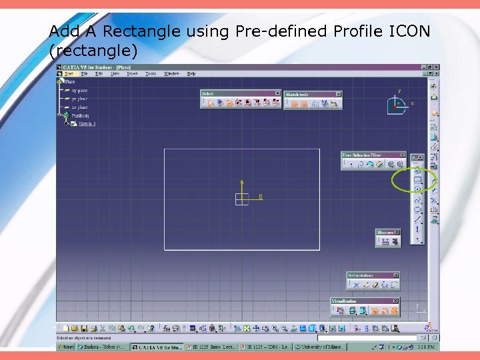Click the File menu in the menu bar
(x=84, y=73)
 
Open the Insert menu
(x=133, y=73)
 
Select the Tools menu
(x=151, y=73)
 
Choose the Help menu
(x=191, y=73)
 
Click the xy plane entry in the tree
(x=80, y=90)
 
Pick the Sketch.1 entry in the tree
(x=87, y=123)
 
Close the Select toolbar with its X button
(x=279, y=93)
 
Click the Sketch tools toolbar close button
(x=338, y=94)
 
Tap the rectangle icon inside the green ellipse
(x=418, y=180)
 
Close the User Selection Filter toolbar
(x=404, y=155)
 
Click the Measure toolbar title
(x=385, y=233)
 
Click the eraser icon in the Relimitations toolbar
(x=375, y=285)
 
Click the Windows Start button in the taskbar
(x=65, y=347)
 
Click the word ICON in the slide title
(x=407, y=31)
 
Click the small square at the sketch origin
(x=241, y=198)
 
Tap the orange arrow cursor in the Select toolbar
(x=210, y=103)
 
